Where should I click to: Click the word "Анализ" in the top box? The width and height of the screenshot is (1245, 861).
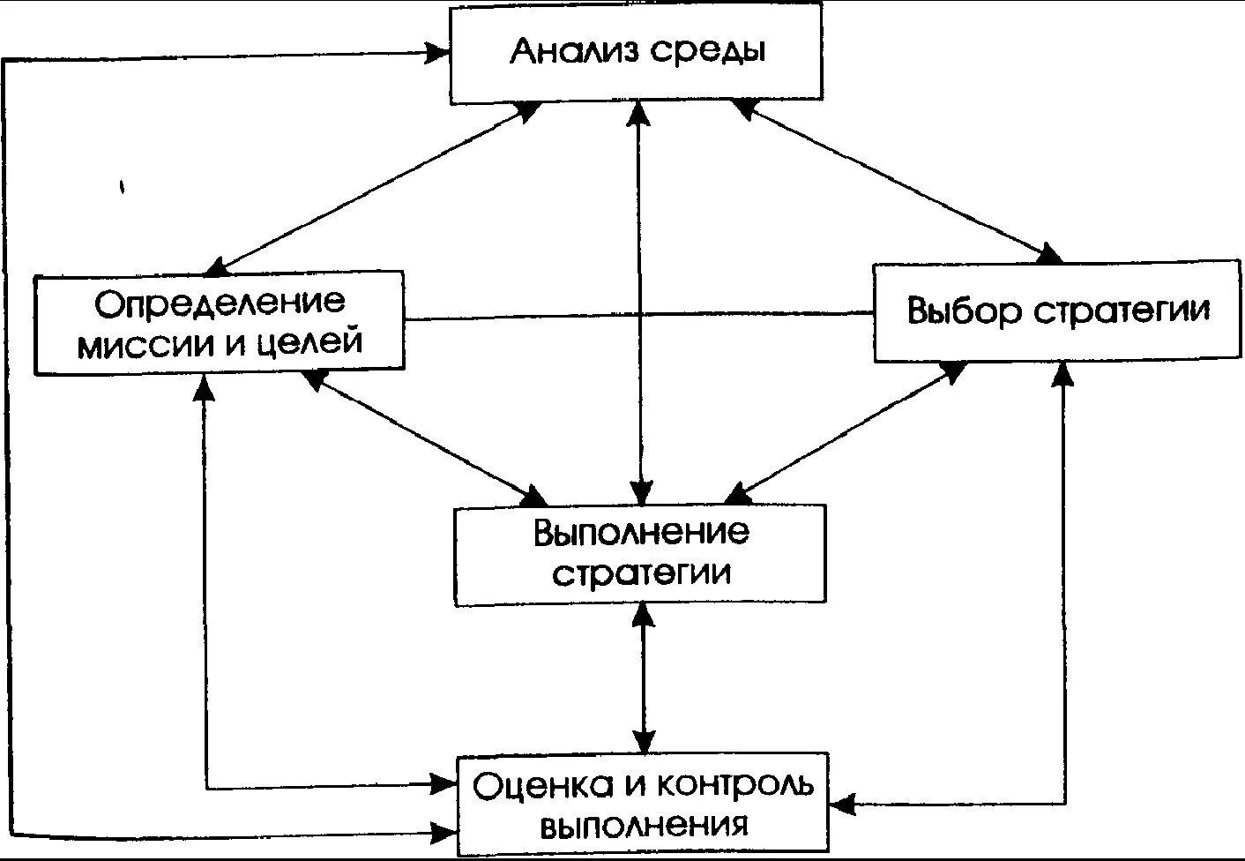[x=574, y=50]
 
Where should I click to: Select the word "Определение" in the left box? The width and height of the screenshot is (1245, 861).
[x=220, y=303]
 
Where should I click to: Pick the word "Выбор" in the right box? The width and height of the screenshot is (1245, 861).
[x=964, y=311]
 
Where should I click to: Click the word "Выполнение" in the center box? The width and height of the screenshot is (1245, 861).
[x=641, y=532]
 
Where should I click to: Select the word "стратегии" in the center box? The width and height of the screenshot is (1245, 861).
[x=641, y=573]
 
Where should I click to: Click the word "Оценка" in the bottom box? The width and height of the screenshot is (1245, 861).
[x=531, y=785]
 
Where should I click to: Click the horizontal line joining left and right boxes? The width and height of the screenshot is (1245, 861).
[x=638, y=315]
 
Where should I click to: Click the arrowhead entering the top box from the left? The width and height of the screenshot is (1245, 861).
[x=437, y=53]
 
